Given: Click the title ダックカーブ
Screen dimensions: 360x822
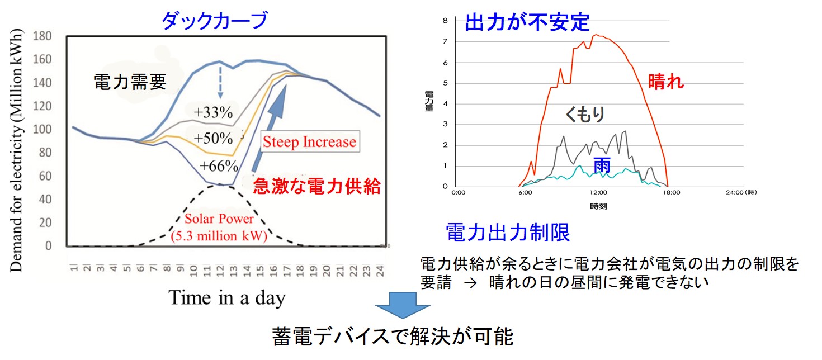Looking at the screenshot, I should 214,21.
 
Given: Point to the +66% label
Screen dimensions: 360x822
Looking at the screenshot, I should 219,166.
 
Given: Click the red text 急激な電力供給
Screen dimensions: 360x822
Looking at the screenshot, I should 316,186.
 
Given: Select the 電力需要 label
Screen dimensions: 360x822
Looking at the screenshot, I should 129,83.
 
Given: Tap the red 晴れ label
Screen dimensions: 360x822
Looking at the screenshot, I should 665,83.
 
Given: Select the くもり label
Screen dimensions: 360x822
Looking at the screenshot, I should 584,115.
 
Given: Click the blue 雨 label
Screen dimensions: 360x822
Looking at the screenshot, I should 598,166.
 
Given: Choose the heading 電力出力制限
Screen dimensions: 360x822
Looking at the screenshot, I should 508,233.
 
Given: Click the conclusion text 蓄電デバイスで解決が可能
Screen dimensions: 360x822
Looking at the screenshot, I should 392,337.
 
